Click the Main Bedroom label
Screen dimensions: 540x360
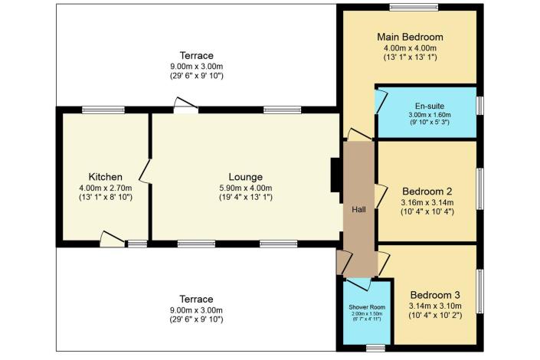pos(410,37)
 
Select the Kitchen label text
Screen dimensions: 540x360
pos(106,177)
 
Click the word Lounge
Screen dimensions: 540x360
pos(246,177)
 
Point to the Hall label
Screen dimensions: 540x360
pos(358,209)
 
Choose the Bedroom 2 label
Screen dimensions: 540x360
pos(427,191)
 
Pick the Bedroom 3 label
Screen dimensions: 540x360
pos(435,295)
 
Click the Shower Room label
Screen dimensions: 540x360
pos(367,307)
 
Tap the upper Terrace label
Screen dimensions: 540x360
pos(197,55)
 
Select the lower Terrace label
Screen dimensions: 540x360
pos(196,299)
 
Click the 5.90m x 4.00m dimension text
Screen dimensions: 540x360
pos(246,188)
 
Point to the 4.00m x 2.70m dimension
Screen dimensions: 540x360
pos(106,188)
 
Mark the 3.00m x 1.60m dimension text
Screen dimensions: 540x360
pos(430,115)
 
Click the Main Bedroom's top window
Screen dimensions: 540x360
pos(414,7)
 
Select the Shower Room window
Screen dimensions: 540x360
pos(375,348)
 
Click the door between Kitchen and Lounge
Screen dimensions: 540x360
pos(145,171)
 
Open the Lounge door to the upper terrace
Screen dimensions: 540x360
pos(185,106)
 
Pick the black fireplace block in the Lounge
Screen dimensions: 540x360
pos(335,175)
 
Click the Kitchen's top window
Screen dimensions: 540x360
pos(103,110)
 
